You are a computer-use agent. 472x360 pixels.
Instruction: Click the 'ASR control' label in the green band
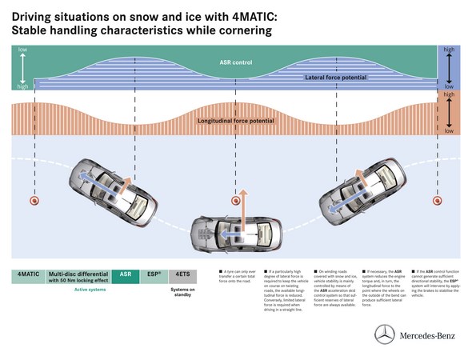point(235,61)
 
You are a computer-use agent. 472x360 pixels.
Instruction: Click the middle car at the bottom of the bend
point(235,235)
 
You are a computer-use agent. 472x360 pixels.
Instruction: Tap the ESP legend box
point(155,274)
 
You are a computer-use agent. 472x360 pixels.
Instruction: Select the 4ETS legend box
point(183,274)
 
